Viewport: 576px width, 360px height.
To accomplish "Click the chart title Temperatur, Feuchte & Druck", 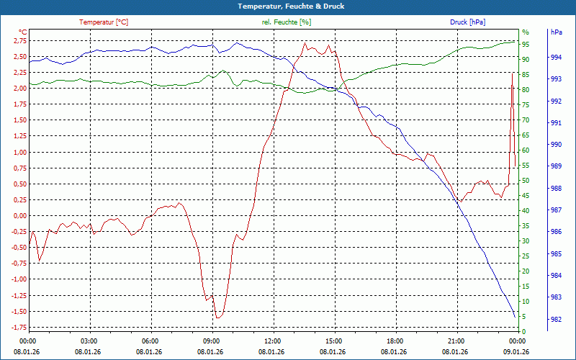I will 288,6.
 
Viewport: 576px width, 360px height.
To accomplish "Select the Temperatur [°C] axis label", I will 104,22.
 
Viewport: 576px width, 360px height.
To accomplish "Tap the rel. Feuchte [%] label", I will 287,22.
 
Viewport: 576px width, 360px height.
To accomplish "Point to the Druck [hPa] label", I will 468,22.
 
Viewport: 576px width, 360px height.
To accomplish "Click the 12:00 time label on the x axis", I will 273,341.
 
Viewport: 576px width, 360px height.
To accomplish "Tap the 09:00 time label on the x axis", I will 212,341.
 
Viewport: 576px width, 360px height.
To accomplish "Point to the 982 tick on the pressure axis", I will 557,319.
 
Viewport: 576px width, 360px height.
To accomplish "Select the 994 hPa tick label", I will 557,57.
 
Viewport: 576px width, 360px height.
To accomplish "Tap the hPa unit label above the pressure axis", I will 557,32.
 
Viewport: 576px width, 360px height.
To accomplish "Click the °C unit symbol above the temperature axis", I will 22,32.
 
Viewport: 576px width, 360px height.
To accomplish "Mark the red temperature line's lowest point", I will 217,318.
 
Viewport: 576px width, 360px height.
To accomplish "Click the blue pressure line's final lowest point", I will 515,317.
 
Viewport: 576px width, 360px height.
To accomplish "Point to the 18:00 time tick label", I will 395,341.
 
